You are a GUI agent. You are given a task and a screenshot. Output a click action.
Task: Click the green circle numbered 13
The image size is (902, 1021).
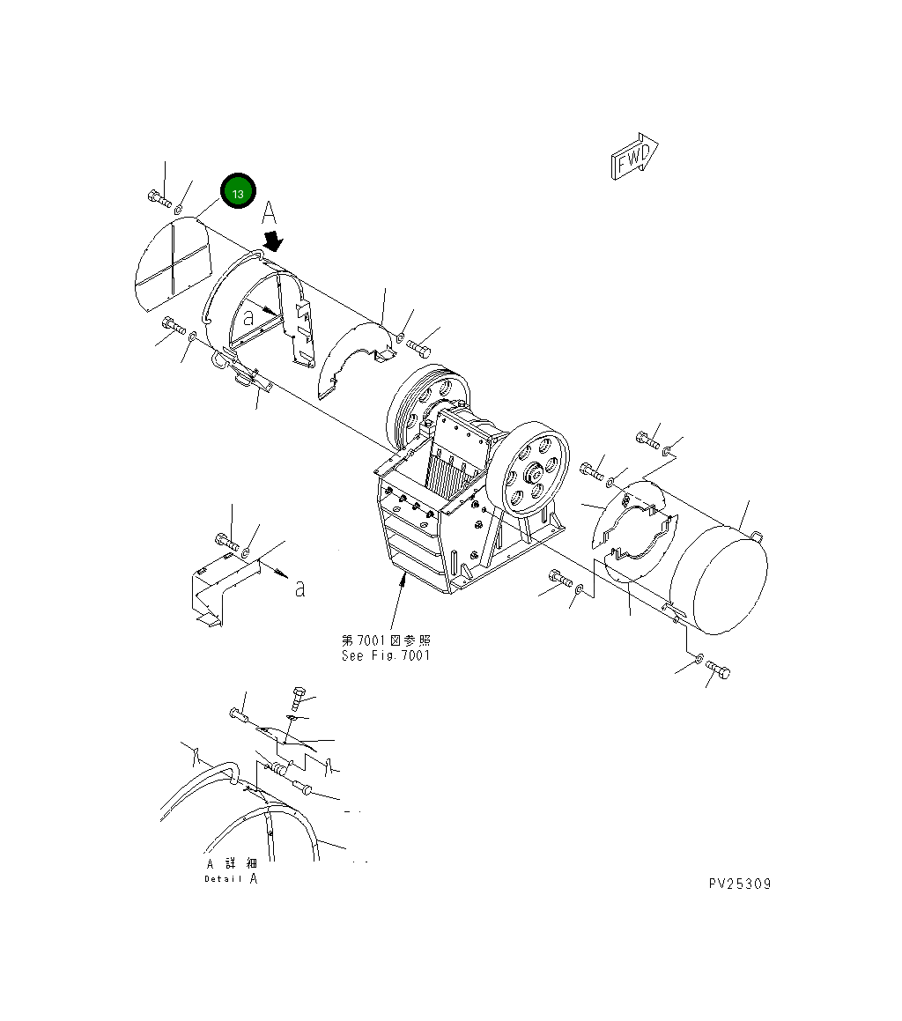[238, 192]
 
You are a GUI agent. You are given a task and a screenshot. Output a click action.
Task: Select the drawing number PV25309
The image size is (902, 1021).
[738, 884]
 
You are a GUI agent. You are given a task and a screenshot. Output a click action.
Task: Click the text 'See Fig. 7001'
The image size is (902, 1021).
[386, 655]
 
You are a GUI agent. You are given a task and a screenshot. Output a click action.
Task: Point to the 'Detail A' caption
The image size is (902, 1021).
[232, 878]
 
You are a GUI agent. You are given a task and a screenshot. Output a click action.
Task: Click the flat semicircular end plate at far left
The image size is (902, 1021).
[174, 262]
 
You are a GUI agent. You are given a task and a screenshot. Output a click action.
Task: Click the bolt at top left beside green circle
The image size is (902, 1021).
[159, 199]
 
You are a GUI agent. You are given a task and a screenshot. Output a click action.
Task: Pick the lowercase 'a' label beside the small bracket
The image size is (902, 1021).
[300, 588]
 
